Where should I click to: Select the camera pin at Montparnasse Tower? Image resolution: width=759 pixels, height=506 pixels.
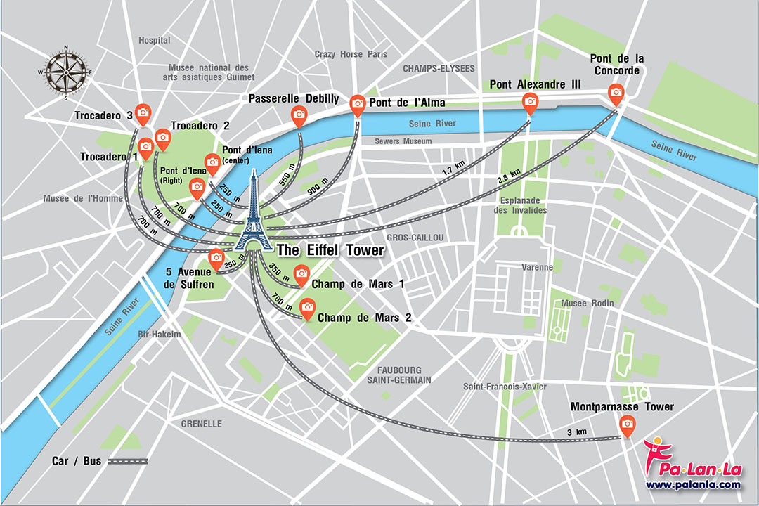[x=626, y=424]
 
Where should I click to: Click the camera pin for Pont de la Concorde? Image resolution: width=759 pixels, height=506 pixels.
[x=616, y=92]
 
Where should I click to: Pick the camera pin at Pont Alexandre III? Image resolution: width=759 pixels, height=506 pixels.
[x=530, y=102]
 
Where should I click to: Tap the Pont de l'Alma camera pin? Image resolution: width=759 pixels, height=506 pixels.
[x=358, y=105]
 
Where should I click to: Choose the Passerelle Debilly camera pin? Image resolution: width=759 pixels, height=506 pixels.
[x=299, y=115]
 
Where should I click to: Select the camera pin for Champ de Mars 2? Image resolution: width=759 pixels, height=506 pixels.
[x=307, y=306]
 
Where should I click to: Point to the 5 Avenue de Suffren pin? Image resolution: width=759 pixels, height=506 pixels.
[x=216, y=257]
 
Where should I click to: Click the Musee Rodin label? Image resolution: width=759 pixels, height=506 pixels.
[x=587, y=303]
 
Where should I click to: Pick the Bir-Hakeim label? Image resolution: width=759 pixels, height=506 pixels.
[x=160, y=335]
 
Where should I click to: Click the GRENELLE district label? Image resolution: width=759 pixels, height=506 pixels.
[x=201, y=424]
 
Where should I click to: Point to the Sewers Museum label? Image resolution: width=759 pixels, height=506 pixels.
[x=403, y=141]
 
